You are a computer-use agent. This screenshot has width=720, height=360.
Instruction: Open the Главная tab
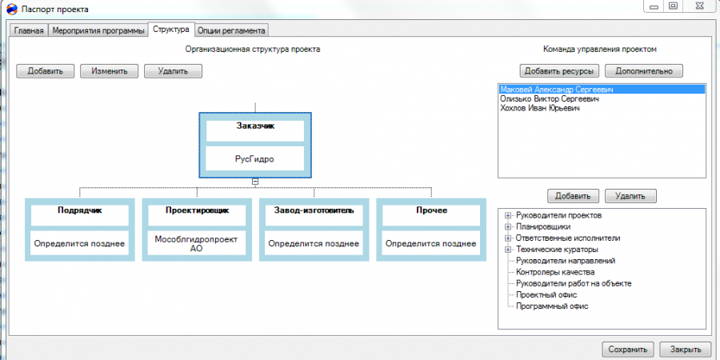tap(29, 30)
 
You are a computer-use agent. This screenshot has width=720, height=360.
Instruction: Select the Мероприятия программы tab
tap(98, 30)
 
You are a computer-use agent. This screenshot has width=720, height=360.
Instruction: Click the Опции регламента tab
tap(231, 30)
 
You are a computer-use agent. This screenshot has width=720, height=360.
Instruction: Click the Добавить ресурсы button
tap(562, 71)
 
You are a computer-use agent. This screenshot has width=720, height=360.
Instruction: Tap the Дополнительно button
tap(644, 71)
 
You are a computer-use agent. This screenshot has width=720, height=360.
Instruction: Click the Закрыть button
tap(685, 349)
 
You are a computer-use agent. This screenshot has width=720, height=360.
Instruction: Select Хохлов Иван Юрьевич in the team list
tap(540, 108)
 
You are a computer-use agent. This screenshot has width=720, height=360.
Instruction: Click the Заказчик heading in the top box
tap(255, 126)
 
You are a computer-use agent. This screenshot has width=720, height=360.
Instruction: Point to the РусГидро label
tap(255, 158)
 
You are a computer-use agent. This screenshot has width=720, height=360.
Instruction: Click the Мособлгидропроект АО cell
tap(197, 244)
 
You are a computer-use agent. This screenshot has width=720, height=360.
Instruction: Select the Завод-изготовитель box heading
tap(314, 210)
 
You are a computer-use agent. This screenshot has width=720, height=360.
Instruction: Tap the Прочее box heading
tap(431, 210)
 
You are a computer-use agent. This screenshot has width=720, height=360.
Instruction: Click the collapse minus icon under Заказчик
tap(255, 182)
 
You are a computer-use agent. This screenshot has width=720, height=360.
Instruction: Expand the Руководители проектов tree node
tap(508, 215)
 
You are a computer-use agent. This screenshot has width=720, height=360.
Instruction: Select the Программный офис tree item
tap(552, 306)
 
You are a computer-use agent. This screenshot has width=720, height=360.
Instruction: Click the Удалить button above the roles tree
tap(630, 196)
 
